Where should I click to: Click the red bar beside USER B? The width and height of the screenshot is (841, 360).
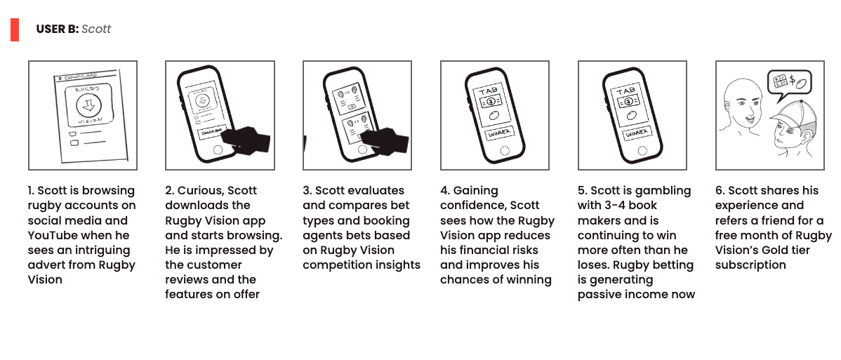pos(15,29)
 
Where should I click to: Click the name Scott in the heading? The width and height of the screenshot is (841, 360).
pos(96,29)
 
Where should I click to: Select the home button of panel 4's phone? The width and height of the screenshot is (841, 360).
pos(504,151)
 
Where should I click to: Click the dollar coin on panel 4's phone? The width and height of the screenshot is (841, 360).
pos(490,101)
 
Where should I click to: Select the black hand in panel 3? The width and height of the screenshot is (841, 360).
pos(383,141)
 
